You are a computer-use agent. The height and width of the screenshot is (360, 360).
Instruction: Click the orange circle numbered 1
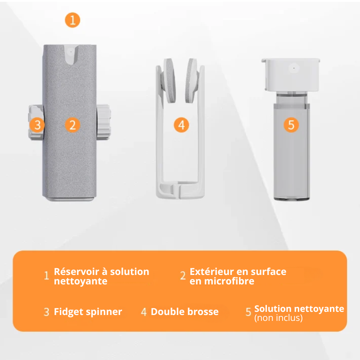coord(72,20)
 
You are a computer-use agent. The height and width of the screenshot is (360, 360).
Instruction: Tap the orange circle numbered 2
coord(72,125)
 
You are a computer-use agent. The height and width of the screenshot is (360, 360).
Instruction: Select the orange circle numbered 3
coord(37,125)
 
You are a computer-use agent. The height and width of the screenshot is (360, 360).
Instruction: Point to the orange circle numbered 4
coord(181,125)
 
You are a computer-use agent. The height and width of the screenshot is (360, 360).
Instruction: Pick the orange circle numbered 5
coord(291,125)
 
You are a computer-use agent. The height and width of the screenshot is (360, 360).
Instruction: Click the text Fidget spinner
coord(88,312)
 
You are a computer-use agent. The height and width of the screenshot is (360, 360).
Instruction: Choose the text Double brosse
coord(184,312)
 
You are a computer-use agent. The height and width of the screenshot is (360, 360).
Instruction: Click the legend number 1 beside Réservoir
coord(46,276)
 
